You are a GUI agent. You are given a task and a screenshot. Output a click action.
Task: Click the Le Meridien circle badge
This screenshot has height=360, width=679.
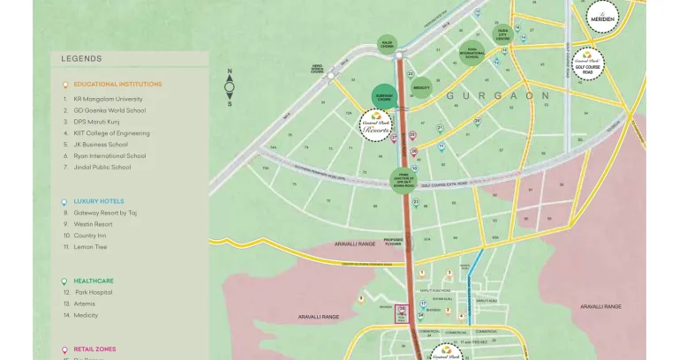point(603,15)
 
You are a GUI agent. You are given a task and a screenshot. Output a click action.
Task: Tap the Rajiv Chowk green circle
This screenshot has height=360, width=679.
point(387,43)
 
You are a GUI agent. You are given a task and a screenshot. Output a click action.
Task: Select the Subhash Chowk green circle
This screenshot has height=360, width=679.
point(385,97)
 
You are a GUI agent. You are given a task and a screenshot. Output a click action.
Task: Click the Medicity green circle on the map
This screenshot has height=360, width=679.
point(421,87)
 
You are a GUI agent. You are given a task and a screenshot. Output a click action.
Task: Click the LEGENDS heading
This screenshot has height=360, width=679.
point(81,59)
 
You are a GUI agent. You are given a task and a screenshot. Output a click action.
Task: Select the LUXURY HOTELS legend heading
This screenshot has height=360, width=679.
point(98,201)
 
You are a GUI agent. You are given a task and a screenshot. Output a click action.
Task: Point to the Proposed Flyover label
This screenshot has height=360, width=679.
point(393,241)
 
